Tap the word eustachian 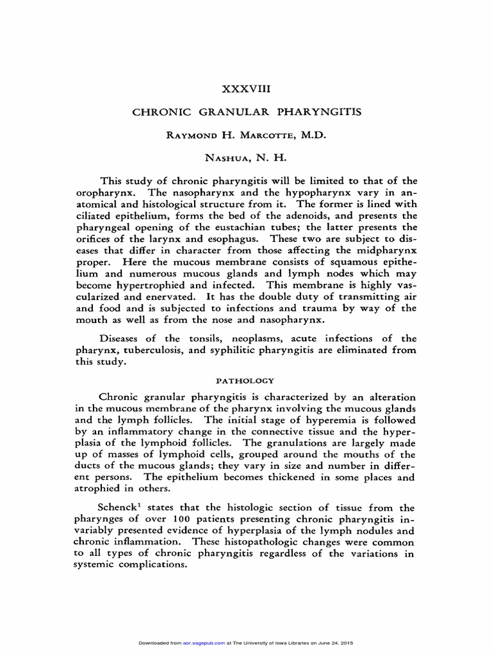(x=282, y=226)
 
